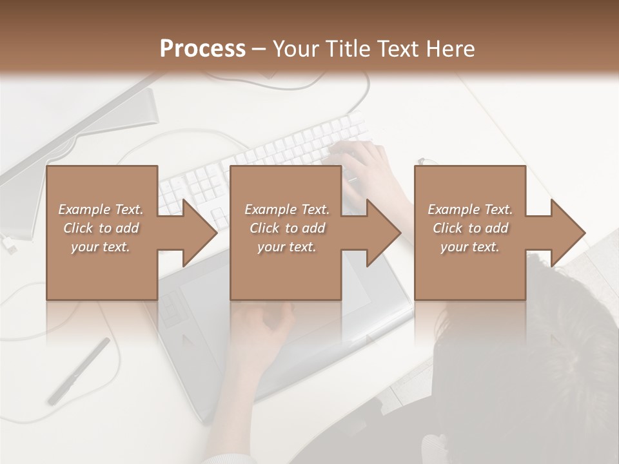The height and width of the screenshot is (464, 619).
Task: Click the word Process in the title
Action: tap(202, 49)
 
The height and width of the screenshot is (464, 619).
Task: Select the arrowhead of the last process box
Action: tap(565, 233)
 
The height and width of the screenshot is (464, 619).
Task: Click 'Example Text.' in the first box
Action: tap(101, 209)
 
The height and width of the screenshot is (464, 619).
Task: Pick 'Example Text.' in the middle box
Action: tap(287, 209)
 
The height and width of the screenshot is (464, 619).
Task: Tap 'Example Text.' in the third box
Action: tap(470, 209)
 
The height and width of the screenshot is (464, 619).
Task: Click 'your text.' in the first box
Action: tap(101, 247)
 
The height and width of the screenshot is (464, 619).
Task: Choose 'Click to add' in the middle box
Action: tap(287, 228)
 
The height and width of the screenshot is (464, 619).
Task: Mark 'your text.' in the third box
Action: tap(470, 247)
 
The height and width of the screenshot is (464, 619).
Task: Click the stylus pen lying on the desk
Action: tap(79, 371)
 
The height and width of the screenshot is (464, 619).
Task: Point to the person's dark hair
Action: tap(535, 361)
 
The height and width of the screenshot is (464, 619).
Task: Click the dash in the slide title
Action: tap(259, 50)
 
